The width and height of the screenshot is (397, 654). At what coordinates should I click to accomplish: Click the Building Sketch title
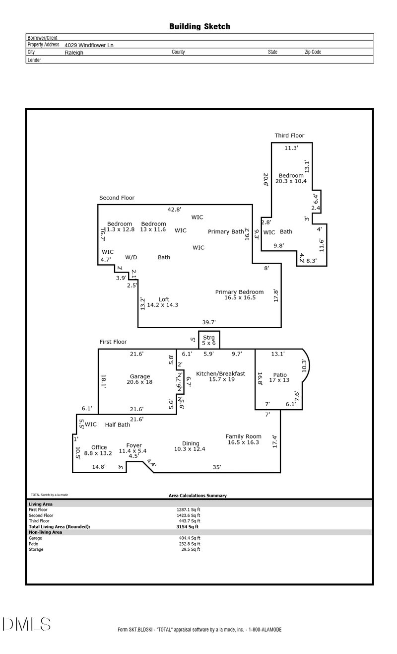pos(199,27)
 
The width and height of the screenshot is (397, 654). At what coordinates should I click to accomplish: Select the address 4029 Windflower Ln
pos(92,45)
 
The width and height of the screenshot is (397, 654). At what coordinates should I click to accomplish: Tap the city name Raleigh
pos(74,52)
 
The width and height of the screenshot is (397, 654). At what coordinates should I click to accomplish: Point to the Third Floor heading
pos(289,136)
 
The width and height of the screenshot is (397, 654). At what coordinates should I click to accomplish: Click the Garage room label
pos(140,377)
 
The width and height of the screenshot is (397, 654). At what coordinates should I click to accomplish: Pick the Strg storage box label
pos(209,338)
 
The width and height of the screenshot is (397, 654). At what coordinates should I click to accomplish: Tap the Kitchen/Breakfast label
pos(220,374)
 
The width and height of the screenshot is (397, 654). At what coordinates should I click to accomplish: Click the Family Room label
pos(243,436)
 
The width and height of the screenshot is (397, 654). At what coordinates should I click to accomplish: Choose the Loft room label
pos(164,299)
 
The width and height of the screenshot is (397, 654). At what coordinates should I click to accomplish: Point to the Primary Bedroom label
pos(239,292)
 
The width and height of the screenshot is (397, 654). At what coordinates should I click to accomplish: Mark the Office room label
pos(99,447)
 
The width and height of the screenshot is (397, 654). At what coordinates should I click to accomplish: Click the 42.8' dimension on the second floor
pos(174,210)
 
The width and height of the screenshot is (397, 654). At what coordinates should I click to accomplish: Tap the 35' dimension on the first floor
pos(217,467)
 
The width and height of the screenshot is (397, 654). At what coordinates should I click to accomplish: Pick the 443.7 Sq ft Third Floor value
pos(188,521)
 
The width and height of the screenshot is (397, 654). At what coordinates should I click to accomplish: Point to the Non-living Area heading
pos(45,532)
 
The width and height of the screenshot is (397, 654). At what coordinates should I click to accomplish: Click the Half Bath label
pos(117,425)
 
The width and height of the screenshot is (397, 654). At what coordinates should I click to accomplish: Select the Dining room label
pos(191,443)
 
